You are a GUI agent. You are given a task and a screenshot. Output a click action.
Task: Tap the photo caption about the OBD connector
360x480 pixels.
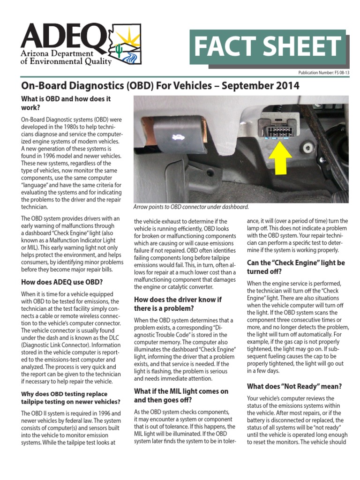[x=191, y=207]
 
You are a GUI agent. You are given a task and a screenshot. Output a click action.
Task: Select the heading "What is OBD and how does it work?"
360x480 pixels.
[x=66, y=103]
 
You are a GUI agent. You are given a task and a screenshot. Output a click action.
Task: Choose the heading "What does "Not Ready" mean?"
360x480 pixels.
[x=294, y=386]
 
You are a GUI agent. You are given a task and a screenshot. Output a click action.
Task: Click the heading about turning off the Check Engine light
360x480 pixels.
[x=296, y=267]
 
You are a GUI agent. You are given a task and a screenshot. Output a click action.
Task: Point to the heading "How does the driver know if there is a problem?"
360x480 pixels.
[x=178, y=304]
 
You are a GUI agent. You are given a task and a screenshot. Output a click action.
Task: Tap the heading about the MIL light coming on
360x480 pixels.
[x=181, y=396]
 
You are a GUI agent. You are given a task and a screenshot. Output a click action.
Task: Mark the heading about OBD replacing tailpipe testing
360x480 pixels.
[x=70, y=397]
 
